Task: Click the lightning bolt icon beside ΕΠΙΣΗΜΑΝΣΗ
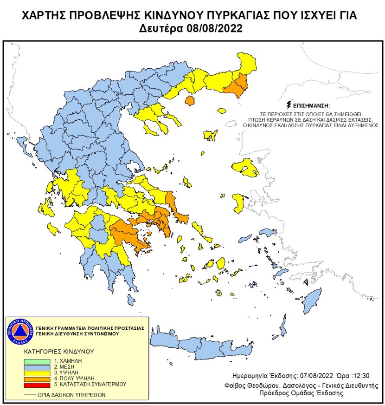[x=290, y=105]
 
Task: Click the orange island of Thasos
[x=189, y=100]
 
